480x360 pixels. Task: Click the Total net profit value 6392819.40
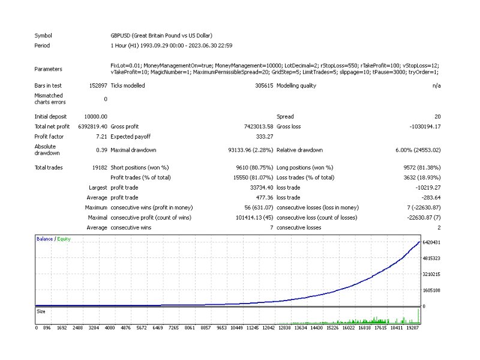point(93,127)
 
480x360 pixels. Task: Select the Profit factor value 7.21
point(101,137)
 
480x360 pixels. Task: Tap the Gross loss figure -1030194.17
point(425,127)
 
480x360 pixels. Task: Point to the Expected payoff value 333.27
point(265,137)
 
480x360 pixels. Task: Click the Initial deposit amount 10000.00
point(96,116)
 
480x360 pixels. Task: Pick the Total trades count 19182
point(100,167)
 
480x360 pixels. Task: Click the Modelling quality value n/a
point(437,86)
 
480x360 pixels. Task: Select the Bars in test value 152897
point(98,86)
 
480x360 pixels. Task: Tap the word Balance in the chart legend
point(44,239)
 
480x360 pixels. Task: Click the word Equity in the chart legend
point(64,239)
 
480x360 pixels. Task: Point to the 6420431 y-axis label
point(431,242)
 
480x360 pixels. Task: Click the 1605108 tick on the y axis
point(431,290)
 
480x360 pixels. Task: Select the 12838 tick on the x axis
point(284,328)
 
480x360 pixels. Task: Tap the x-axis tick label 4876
point(125,328)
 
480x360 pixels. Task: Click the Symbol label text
point(43,35)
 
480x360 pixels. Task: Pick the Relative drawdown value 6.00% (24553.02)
point(418,150)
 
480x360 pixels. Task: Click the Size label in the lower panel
point(41,311)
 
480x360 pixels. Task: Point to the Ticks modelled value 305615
point(264,86)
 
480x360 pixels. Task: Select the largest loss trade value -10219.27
point(428,188)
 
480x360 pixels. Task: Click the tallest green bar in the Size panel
point(418,316)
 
